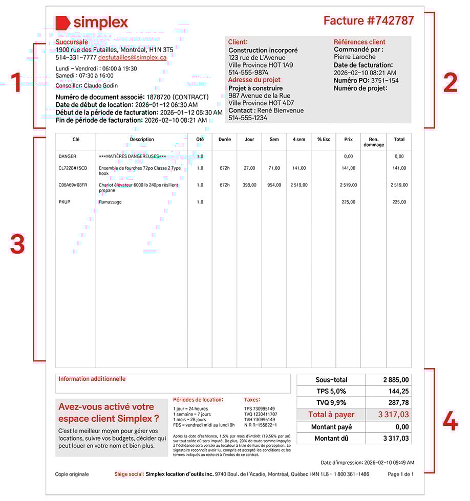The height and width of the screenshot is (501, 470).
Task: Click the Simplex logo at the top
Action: click(x=92, y=22)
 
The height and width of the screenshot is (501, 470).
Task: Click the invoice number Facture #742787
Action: click(x=369, y=21)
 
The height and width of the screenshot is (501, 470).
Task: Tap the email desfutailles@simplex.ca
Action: click(x=132, y=58)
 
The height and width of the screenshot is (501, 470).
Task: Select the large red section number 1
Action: click(x=17, y=83)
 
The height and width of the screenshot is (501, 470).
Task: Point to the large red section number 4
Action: click(x=450, y=422)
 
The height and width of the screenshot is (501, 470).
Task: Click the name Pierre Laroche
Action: click(x=354, y=57)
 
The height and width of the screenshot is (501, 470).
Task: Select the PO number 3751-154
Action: click(x=384, y=81)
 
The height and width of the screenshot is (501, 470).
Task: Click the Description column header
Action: click(x=142, y=140)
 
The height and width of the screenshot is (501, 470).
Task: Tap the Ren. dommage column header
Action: click(x=374, y=142)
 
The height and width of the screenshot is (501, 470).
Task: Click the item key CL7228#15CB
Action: click(x=73, y=168)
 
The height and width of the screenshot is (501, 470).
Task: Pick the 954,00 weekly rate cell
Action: click(x=274, y=185)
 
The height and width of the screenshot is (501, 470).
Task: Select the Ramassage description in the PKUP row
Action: click(x=110, y=202)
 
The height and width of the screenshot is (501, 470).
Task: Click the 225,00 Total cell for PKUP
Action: click(x=399, y=202)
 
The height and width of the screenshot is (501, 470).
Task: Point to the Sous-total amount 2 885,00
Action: click(x=396, y=380)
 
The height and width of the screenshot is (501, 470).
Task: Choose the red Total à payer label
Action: click(x=331, y=415)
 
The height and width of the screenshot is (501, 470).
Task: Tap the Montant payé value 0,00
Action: click(x=402, y=427)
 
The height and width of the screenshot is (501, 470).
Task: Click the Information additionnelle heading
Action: click(x=92, y=379)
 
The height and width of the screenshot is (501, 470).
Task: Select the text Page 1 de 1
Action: click(x=400, y=474)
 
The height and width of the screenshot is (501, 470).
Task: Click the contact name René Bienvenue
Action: click(x=281, y=110)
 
